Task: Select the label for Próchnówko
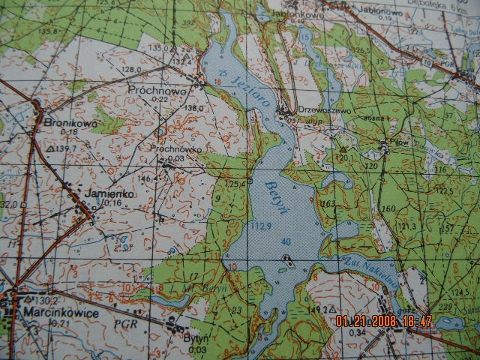tap(176, 148)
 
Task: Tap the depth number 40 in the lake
tap(286, 241)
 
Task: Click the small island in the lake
tap(287, 262)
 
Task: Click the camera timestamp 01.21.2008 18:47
tap(384, 321)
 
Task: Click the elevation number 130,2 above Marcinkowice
tap(38, 299)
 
